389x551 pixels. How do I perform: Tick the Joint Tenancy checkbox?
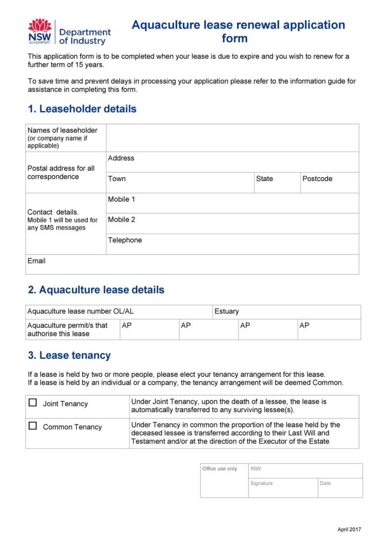(33, 403)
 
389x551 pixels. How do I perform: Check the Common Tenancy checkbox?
(33, 426)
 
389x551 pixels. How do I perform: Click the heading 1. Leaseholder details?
(82, 109)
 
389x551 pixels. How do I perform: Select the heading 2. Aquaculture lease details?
(96, 290)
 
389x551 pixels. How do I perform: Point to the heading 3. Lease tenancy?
(69, 355)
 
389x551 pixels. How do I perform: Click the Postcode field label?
(317, 179)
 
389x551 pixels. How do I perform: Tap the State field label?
(264, 179)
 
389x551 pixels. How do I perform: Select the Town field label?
(117, 179)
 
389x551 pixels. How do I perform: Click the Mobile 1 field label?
(122, 199)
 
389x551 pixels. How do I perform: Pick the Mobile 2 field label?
(122, 220)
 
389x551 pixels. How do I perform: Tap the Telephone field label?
(125, 240)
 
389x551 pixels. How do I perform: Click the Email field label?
(36, 261)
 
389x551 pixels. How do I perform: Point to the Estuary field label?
(227, 311)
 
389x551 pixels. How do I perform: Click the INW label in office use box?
(256, 469)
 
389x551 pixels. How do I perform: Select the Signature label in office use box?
(261, 483)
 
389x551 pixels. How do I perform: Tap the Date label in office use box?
(325, 483)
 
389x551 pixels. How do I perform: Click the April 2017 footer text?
(349, 530)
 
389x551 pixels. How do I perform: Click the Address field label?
(121, 158)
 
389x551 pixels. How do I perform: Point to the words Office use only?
(220, 469)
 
